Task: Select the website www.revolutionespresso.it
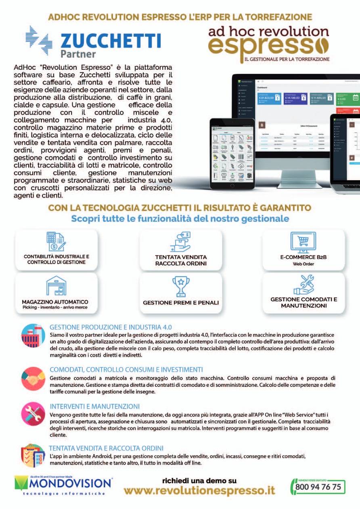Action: (199, 490)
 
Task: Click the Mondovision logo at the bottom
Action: (63, 485)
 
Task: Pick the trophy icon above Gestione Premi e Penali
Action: (180, 286)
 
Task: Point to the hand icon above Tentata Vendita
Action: (180, 242)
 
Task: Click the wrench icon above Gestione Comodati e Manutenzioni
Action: (303, 284)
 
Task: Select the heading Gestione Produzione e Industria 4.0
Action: (111, 327)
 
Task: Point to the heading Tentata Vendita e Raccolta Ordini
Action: (106, 448)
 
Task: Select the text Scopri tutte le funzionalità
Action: (180, 219)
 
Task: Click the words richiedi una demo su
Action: (199, 480)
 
